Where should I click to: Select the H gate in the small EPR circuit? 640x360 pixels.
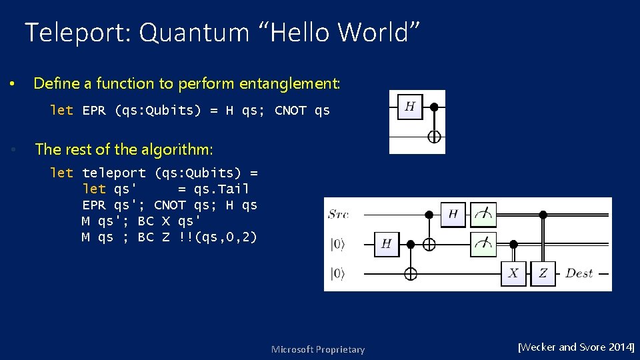click(410, 107)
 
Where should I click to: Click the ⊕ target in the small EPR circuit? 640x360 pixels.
click(434, 137)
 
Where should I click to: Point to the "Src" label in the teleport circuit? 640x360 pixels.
click(338, 214)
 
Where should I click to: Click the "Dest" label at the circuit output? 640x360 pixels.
click(579, 273)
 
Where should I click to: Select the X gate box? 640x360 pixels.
click(513, 273)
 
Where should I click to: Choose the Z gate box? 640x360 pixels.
click(543, 273)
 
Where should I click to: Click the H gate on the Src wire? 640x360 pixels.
click(453, 215)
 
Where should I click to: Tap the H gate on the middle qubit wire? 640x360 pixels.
click(386, 244)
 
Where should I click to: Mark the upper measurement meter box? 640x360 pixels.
click(483, 215)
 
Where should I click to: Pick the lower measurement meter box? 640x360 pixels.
click(483, 243)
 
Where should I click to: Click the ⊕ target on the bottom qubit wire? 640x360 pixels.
click(411, 273)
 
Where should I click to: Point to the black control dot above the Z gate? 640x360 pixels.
click(543, 215)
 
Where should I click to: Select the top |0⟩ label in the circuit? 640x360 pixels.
click(339, 244)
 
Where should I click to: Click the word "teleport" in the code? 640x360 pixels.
click(113, 173)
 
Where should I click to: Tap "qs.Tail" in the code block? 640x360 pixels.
click(221, 189)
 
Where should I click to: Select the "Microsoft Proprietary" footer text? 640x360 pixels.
click(318, 349)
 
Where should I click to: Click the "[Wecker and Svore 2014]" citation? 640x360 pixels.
click(576, 347)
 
